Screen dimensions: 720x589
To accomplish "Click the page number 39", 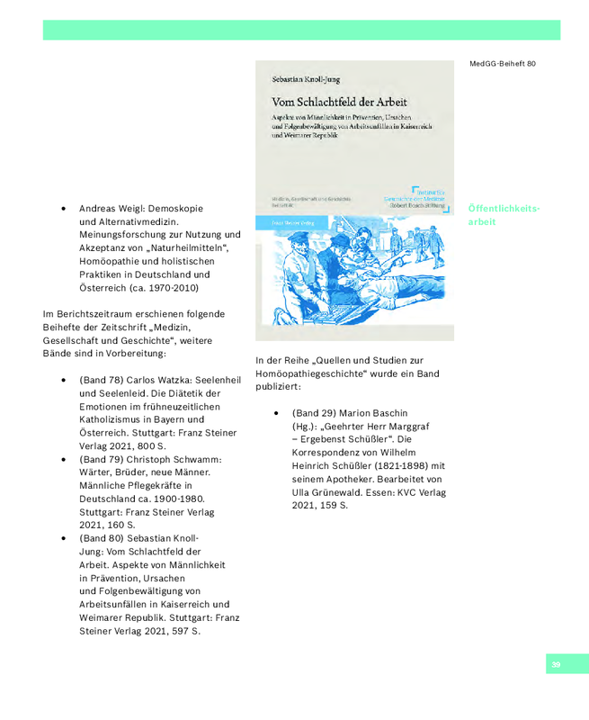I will [556, 664].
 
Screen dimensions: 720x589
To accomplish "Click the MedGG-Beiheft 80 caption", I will [502, 64].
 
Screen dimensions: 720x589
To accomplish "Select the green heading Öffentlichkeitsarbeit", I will [504, 214].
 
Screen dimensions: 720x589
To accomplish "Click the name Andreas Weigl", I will [112, 206].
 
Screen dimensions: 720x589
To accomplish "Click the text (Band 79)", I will [101, 460].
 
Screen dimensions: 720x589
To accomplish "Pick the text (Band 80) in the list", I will [101, 537].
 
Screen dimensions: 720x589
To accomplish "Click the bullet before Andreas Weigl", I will [64, 207].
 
